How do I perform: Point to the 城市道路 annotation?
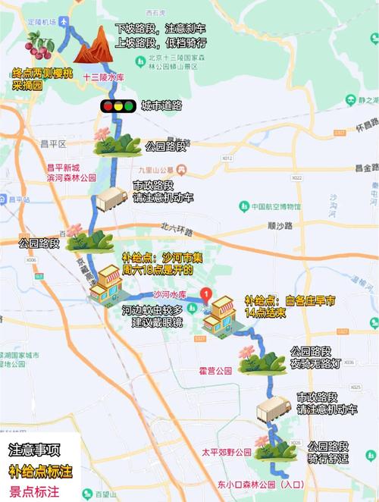[161, 106]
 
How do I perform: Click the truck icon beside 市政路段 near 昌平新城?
[111, 200]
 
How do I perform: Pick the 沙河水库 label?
[170, 294]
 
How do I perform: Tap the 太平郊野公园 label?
[225, 452]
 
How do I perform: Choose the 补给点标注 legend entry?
[40, 471]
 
